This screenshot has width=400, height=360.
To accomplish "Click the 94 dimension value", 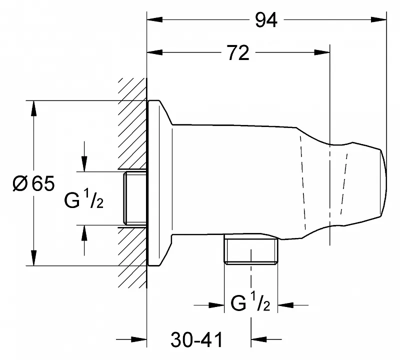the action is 266,20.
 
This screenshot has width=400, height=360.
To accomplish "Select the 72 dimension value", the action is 238,53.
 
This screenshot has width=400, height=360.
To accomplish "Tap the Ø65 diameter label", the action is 33,183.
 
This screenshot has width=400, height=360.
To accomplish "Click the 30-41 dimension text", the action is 196,340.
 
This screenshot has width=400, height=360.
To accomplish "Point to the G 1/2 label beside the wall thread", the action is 84,199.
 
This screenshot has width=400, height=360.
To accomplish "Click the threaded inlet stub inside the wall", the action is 135,198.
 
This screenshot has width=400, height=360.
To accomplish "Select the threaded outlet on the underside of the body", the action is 251,249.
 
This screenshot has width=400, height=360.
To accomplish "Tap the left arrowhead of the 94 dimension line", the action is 155,19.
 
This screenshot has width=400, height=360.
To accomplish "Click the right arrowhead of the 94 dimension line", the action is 379,19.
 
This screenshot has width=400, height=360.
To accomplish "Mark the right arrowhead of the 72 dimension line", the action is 322,52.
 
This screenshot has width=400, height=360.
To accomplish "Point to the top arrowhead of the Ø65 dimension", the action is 33,108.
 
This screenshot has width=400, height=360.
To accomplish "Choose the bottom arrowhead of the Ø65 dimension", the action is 33,258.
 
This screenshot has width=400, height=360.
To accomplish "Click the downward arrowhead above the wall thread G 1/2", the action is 84,164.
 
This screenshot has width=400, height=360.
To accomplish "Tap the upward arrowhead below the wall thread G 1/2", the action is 84,233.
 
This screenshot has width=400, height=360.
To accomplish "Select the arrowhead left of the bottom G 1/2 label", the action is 216,305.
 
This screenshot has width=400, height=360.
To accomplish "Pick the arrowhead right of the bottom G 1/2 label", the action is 285,305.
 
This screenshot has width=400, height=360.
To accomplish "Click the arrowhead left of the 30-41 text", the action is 139,339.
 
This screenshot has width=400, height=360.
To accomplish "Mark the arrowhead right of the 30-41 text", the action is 258,339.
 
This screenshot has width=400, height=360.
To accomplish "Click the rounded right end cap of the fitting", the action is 383,183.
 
